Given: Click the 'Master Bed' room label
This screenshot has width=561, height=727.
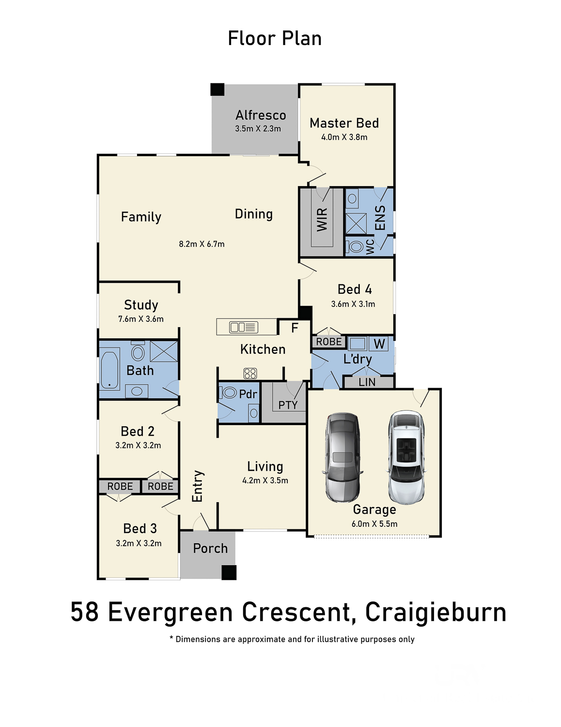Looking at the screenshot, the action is pyautogui.click(x=344, y=123).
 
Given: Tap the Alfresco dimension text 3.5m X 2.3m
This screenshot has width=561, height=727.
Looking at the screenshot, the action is pyautogui.click(x=258, y=128).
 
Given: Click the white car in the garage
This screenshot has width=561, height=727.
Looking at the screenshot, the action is pyautogui.click(x=406, y=457).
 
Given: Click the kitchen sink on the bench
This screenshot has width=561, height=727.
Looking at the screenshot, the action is pyautogui.click(x=243, y=327).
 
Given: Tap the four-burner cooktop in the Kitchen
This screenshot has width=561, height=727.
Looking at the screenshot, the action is pyautogui.click(x=250, y=373).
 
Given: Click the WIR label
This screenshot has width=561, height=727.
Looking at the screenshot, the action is pyautogui.click(x=322, y=220).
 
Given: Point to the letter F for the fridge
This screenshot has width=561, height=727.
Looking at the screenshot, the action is pyautogui.click(x=295, y=328).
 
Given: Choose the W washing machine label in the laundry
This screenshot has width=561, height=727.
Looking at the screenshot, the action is pyautogui.click(x=379, y=344).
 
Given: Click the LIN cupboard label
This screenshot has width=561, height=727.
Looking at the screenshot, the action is pyautogui.click(x=367, y=382).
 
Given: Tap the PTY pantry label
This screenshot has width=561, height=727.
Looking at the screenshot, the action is pyautogui.click(x=288, y=405).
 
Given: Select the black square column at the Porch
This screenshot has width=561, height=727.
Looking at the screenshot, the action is pyautogui.click(x=229, y=572).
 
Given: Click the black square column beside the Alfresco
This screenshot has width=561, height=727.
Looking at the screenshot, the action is pyautogui.click(x=218, y=90).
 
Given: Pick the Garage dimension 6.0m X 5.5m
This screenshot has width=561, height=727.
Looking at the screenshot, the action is pyautogui.click(x=374, y=524).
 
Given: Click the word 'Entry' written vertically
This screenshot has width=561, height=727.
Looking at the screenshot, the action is pyautogui.click(x=197, y=486).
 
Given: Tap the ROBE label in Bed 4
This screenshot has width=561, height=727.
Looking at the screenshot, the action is pyautogui.click(x=329, y=342).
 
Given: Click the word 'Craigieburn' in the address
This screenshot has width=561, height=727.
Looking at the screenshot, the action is pyautogui.click(x=436, y=612).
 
